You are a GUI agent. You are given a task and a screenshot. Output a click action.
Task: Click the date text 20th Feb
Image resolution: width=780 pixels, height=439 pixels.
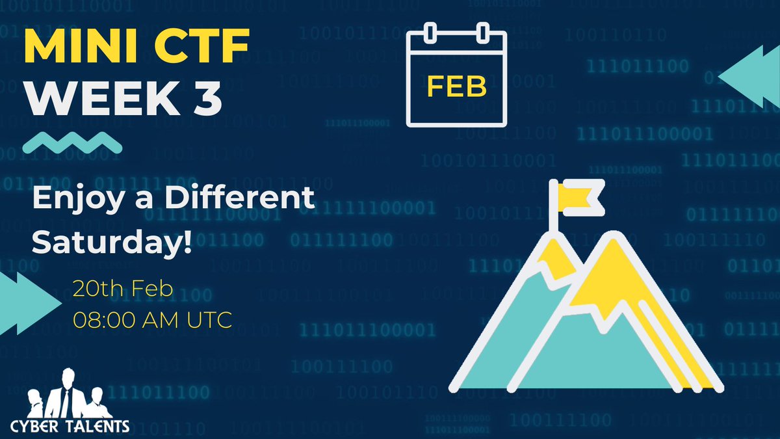pos(123,289)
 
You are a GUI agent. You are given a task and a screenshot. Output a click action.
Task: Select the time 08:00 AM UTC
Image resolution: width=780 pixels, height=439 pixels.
pos(152,320)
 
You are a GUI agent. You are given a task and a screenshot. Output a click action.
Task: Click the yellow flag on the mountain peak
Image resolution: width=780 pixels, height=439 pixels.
pos(580,194)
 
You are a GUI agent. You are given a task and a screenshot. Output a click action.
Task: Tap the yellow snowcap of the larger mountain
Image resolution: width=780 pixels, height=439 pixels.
pos(608,273)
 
